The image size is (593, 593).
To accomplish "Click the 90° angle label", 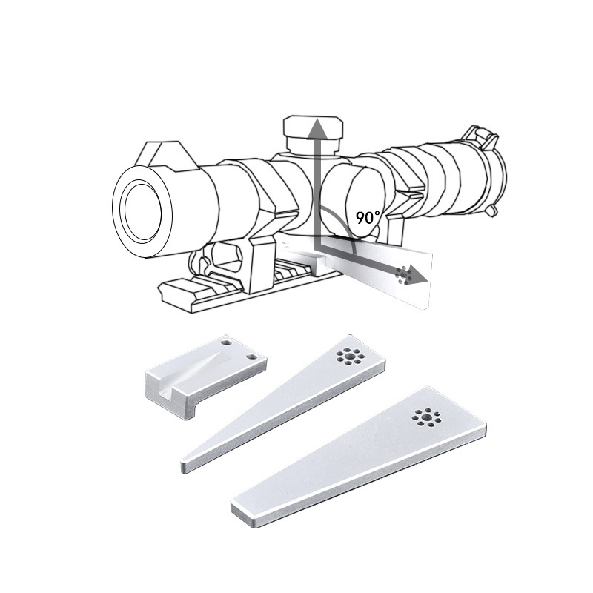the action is (368, 217).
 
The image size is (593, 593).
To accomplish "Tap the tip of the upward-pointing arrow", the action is (318, 119).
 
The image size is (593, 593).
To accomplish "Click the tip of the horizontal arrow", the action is (428, 282).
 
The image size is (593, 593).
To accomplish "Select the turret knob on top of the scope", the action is (314, 133).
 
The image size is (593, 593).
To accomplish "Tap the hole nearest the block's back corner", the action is (226, 343).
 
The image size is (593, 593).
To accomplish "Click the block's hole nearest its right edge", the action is (251, 357).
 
